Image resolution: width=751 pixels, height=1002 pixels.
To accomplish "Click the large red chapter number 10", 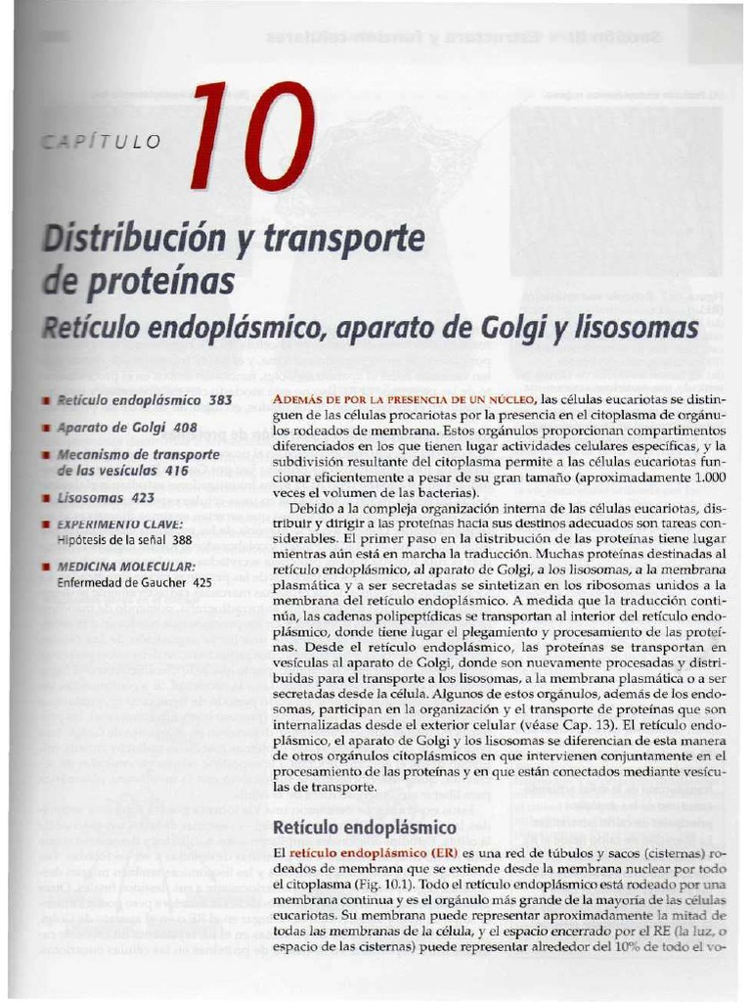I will click(x=252, y=137).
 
